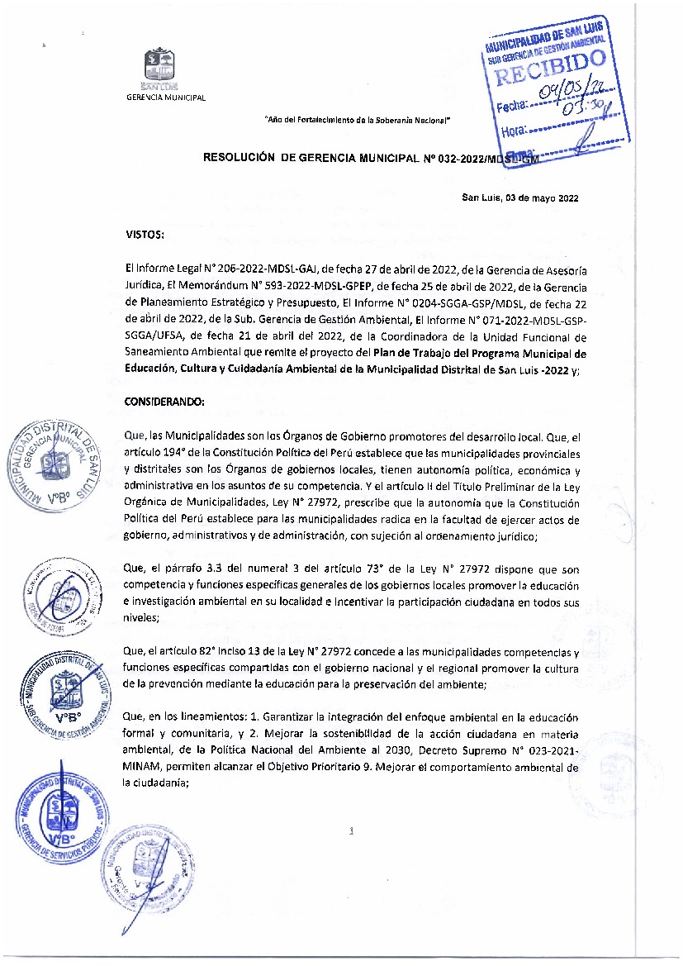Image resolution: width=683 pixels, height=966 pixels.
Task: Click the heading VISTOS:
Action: click(145, 235)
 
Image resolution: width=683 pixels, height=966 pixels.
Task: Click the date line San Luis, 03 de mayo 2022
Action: click(519, 197)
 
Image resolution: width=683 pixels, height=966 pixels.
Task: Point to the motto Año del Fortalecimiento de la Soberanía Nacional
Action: click(357, 121)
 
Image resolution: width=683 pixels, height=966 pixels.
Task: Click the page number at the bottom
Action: click(352, 832)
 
